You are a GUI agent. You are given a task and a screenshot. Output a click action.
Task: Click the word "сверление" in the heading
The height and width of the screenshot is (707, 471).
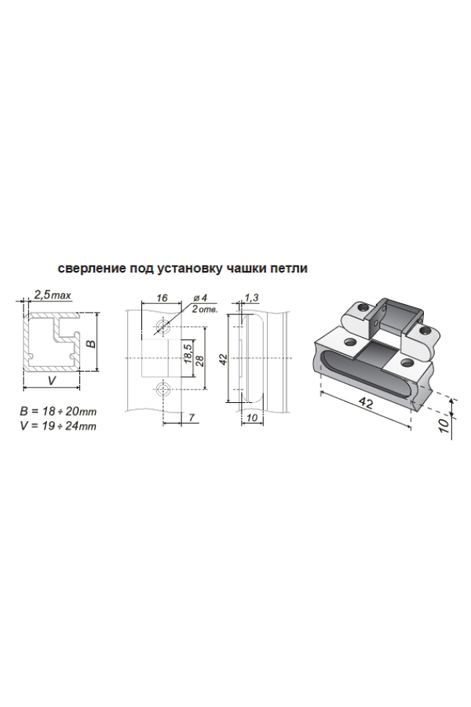(92, 269)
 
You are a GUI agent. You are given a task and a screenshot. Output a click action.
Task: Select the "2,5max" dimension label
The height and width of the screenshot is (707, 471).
(53, 295)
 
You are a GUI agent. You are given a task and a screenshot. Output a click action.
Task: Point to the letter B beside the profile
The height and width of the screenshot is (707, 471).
(91, 343)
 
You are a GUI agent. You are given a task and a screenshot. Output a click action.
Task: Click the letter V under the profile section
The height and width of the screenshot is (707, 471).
(52, 380)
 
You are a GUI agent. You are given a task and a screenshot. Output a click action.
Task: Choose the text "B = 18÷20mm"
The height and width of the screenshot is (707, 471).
(58, 411)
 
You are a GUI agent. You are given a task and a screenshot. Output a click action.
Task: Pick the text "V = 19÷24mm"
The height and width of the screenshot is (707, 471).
(58, 426)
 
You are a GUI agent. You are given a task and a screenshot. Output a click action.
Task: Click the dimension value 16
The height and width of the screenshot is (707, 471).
(162, 298)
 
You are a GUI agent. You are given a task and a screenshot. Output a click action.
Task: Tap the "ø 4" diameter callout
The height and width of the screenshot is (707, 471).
(199, 298)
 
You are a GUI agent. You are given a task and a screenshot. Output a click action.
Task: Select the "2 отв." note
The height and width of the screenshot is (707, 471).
(205, 310)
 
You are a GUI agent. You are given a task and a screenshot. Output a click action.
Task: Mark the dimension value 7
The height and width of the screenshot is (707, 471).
(192, 418)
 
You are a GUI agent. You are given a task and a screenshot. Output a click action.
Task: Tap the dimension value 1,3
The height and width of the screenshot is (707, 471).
(252, 297)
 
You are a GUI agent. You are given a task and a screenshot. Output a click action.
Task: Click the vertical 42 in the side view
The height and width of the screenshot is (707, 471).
(222, 359)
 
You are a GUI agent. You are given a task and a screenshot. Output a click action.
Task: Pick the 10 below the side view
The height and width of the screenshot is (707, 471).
(252, 418)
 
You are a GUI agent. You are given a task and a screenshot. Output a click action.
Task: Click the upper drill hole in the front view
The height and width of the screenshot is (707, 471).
(161, 326)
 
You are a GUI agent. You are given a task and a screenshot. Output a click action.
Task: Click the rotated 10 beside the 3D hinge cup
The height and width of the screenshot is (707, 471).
(444, 424)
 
